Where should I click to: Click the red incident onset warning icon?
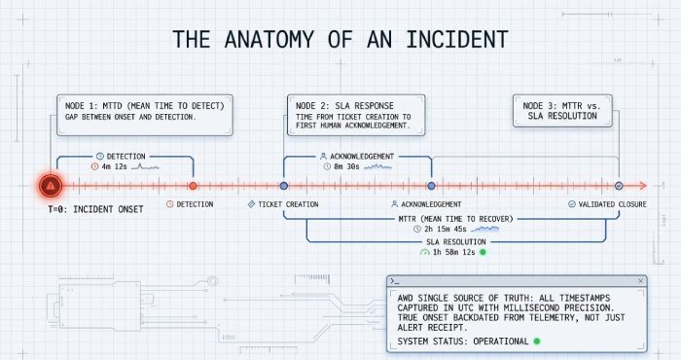click(49, 185)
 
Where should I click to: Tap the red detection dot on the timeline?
click(193, 185)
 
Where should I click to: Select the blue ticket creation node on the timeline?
click(283, 185)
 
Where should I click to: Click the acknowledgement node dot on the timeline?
click(430, 185)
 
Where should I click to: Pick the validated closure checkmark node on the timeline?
click(618, 185)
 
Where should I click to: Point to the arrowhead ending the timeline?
click(642, 185)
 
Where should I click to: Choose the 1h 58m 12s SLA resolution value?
click(454, 252)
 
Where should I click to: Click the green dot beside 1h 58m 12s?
click(483, 252)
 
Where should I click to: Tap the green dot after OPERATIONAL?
click(535, 342)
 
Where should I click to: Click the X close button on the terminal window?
click(639, 281)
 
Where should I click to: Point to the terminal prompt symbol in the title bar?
click(393, 281)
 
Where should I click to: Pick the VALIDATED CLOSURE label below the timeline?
click(613, 204)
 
